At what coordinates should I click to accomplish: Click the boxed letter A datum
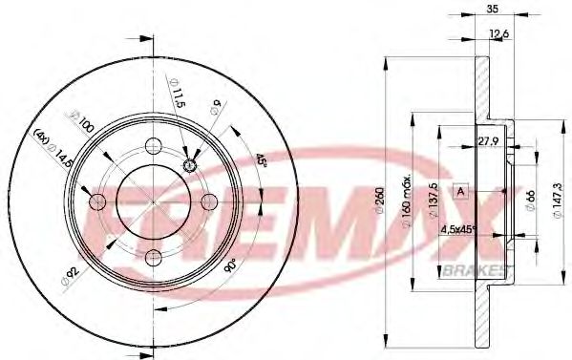(x=460, y=190)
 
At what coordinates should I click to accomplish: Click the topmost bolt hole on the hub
(x=153, y=146)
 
